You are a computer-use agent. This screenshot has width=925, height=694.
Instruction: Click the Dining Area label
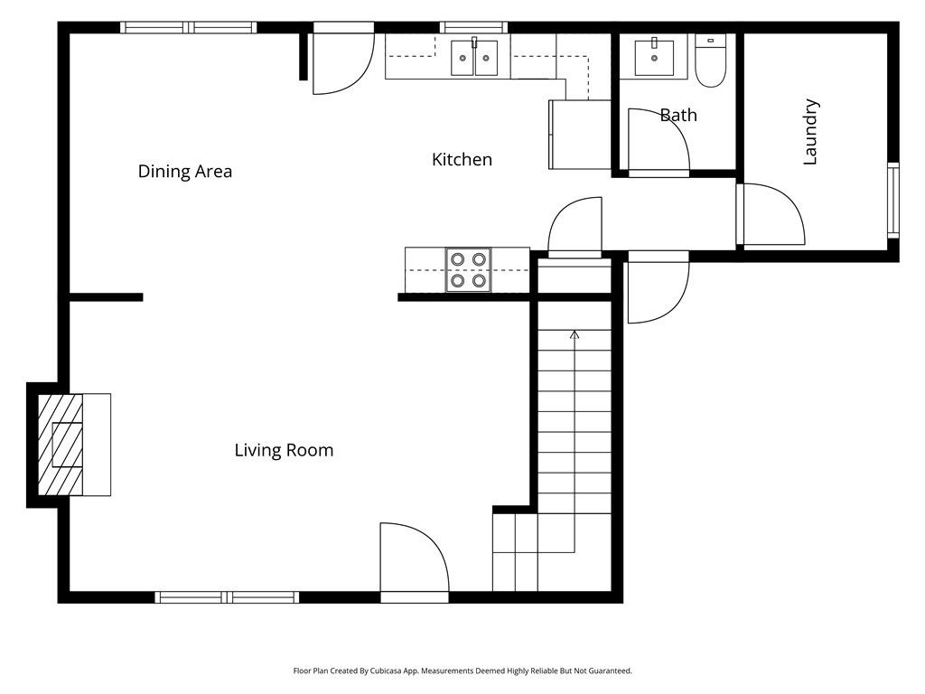184,171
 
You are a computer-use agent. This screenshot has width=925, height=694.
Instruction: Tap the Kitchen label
462,159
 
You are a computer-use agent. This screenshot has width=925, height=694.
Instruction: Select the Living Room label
284,450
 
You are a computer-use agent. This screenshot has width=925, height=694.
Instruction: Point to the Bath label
678,115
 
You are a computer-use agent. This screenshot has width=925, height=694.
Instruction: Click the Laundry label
810,132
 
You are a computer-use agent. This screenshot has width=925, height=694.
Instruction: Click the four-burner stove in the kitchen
469,269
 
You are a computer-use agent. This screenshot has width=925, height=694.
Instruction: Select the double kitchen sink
474,57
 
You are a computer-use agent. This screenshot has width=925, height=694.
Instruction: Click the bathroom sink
654,57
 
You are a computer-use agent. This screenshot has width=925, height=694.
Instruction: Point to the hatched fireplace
61,445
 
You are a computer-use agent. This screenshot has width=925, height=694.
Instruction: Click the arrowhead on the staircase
575,334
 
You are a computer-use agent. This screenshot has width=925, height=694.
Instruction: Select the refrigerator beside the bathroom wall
580,135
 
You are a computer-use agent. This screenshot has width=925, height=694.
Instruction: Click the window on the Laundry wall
893,200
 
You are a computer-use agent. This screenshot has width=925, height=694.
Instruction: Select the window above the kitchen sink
473,27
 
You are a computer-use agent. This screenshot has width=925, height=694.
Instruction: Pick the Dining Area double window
189,27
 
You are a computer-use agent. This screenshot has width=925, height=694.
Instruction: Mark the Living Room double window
227,597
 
